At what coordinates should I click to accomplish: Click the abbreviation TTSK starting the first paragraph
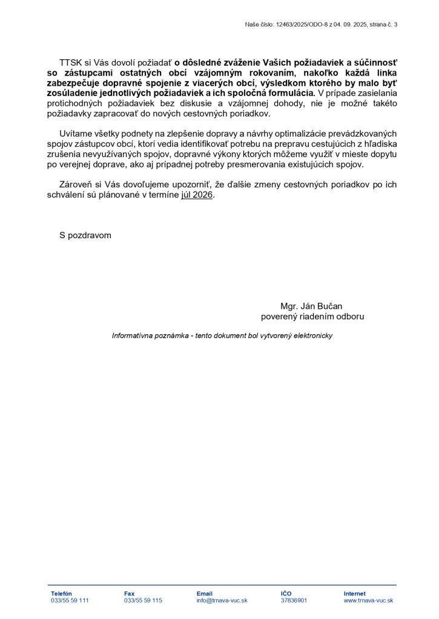click(x=71, y=62)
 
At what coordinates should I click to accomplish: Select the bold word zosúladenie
click(x=74, y=93)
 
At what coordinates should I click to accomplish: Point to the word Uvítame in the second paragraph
click(x=76, y=134)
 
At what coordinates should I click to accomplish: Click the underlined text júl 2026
click(x=197, y=195)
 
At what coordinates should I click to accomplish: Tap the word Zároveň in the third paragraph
click(x=76, y=185)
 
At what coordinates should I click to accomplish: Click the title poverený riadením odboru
click(x=312, y=316)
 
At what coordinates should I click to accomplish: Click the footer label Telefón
click(x=61, y=594)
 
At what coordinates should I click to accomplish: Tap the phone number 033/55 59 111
click(x=70, y=601)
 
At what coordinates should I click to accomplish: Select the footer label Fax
click(x=129, y=594)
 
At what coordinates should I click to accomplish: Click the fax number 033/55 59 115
click(x=143, y=601)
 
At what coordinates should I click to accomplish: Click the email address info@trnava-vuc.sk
click(x=222, y=601)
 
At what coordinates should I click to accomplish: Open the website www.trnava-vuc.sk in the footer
click(x=368, y=601)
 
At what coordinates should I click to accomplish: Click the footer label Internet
click(x=354, y=594)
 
